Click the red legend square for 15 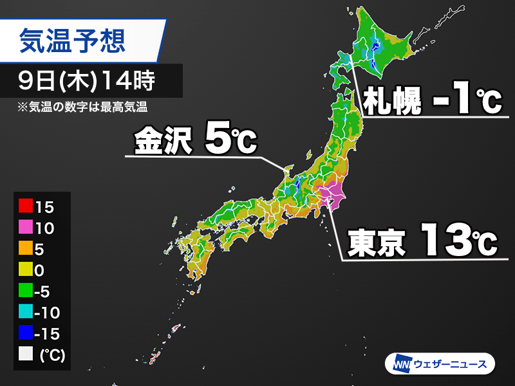(26, 207)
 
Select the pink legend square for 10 (26, 228)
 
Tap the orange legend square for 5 (26, 248)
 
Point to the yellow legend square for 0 (26, 270)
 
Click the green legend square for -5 (26, 290)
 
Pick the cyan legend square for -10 (26, 311)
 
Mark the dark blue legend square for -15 (26, 333)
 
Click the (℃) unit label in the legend (52, 354)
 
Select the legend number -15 (51, 333)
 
